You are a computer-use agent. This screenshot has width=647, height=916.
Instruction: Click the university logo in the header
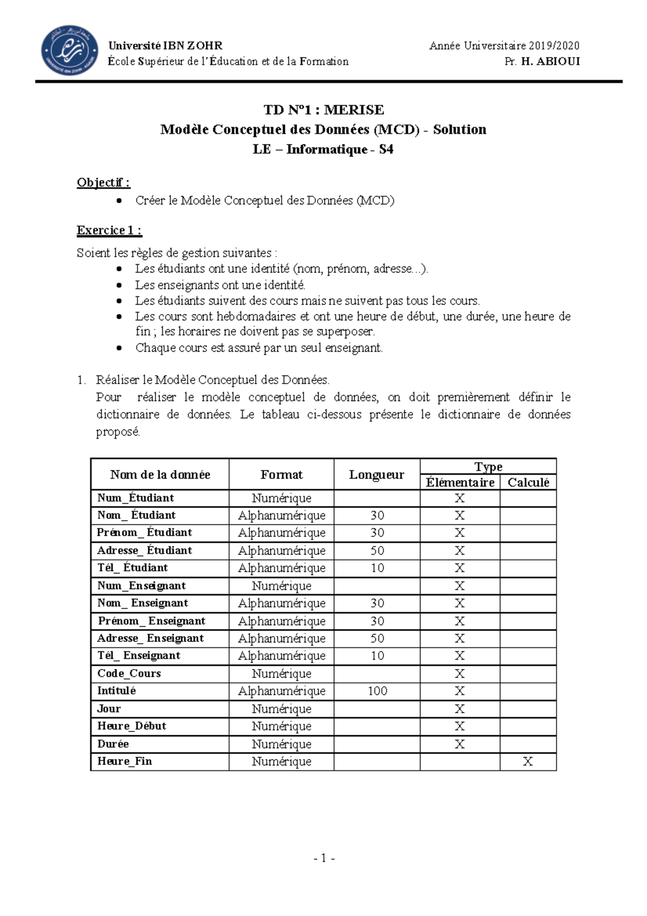pos(70,50)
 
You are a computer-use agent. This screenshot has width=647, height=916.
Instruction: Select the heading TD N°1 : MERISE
pos(323,110)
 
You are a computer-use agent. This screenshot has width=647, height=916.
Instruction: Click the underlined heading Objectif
pos(103,182)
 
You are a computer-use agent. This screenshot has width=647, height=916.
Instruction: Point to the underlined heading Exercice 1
pos(109,230)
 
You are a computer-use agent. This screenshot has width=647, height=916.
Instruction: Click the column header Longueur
pos(376,475)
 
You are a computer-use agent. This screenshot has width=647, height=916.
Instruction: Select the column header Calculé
pos(528,482)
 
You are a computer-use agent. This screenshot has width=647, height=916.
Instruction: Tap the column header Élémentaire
pos(460,482)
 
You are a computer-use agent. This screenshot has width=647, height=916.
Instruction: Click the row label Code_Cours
pos(129,673)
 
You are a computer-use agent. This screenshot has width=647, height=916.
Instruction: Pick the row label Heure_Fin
pos(125,761)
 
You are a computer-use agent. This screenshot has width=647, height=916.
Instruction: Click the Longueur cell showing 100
pos(377,691)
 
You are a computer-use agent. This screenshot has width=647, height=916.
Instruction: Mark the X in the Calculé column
pos(528,761)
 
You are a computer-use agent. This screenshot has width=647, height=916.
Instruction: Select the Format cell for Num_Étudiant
pos(281,498)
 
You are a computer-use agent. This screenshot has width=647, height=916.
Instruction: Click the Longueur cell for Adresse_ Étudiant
pos(377,551)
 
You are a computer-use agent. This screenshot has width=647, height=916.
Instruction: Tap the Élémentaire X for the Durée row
pos(459,744)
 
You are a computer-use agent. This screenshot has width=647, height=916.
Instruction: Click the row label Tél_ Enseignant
pos(139,655)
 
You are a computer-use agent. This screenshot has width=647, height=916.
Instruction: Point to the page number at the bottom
pos(324,858)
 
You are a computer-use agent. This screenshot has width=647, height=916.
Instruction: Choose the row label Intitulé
pos(116,691)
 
